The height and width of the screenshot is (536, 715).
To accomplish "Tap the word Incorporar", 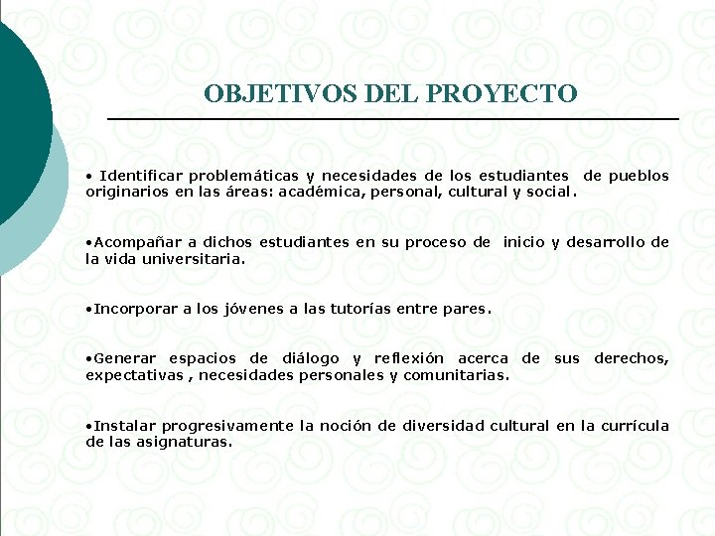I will click(135, 309).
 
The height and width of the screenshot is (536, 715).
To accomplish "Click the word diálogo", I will click(310, 358).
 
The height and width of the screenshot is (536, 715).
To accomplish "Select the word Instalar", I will click(125, 426).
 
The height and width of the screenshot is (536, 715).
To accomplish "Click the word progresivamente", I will click(227, 426).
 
